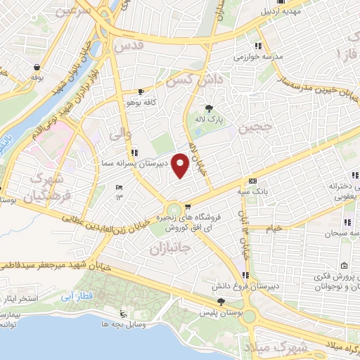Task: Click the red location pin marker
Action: coord(181,167)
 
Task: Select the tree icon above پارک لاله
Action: coord(208,108)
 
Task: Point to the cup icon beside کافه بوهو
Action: coord(141,91)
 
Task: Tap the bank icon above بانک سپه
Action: coord(252,181)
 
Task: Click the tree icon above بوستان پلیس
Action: coord(221,301)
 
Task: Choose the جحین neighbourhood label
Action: coord(254,128)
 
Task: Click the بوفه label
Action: coord(36,79)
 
